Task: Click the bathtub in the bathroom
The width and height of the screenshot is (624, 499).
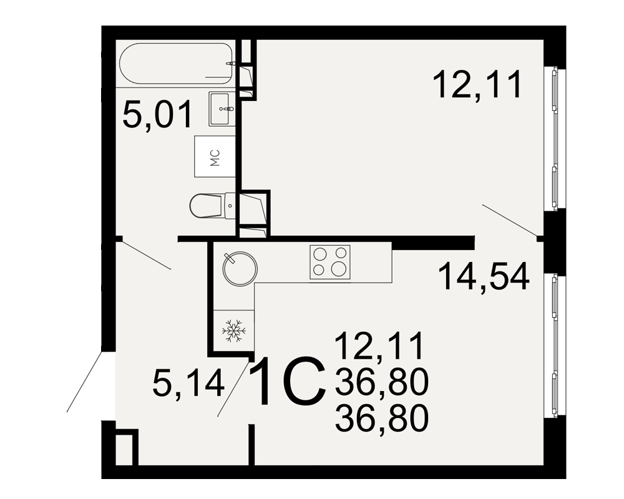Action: (x=176, y=63)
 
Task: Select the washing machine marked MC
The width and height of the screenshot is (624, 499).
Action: (x=215, y=157)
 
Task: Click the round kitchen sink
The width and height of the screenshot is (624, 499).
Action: (x=240, y=268)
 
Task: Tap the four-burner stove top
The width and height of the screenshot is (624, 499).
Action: (x=330, y=262)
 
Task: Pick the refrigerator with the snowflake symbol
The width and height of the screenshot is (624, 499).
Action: (x=234, y=331)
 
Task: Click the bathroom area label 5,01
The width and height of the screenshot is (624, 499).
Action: (x=158, y=115)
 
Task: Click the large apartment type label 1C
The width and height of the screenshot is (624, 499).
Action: (x=287, y=381)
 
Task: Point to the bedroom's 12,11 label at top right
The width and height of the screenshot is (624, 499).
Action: (x=477, y=84)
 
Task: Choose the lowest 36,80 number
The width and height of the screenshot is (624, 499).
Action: (x=382, y=417)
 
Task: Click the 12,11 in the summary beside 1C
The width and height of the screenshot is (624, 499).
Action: (x=379, y=347)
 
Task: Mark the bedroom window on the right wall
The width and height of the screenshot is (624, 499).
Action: (x=555, y=138)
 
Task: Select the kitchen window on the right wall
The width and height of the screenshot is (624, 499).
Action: (x=555, y=345)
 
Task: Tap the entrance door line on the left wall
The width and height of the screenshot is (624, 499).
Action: (x=85, y=381)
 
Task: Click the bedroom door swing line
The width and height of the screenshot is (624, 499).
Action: (x=509, y=220)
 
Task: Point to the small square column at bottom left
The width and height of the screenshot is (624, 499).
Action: (x=126, y=447)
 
